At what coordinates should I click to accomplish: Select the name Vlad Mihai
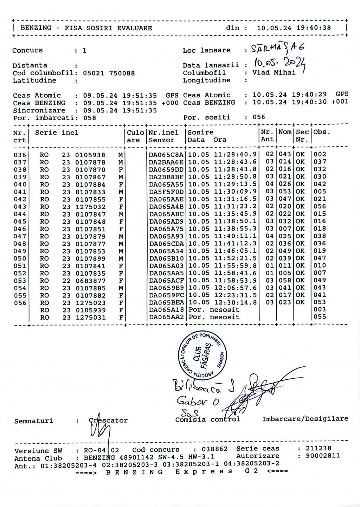274,73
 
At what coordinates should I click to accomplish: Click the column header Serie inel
57,133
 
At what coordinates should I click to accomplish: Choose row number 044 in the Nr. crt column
20,214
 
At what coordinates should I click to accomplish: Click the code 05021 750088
109,73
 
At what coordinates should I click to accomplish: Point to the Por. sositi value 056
259,117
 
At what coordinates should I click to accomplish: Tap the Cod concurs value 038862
214,449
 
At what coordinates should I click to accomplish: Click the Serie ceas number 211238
318,448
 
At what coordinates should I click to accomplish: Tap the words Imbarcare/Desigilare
305,419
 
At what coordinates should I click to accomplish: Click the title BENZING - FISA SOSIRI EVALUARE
86,28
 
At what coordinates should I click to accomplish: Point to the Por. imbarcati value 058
90,118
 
